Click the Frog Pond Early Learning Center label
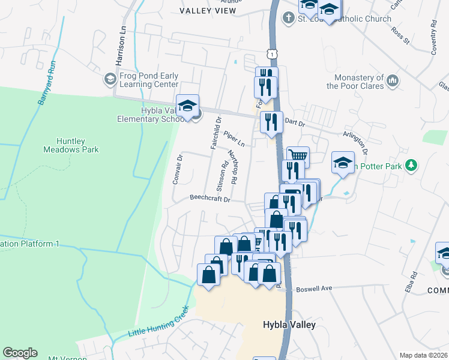(149, 80)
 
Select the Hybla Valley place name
(289, 325)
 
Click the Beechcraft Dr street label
(210, 197)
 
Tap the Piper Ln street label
(234, 139)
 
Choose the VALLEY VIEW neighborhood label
(208, 10)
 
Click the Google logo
(20, 353)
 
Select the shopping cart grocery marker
(298, 157)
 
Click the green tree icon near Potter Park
(411, 164)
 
